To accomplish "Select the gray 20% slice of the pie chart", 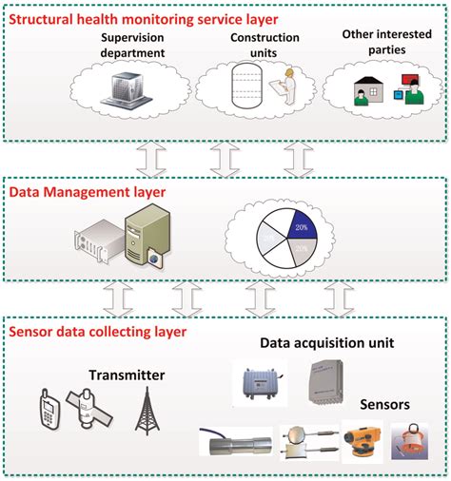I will click(301, 252).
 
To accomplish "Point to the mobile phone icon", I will click(48, 410).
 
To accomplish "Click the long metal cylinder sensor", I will click(238, 445).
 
